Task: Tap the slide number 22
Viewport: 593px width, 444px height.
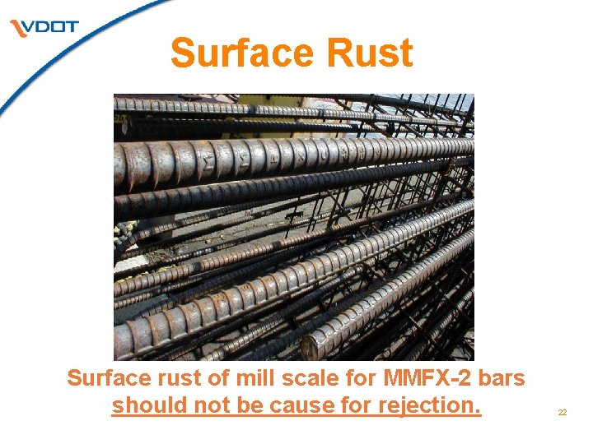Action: coord(563,413)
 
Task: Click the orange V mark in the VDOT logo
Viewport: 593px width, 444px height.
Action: coord(18,29)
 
